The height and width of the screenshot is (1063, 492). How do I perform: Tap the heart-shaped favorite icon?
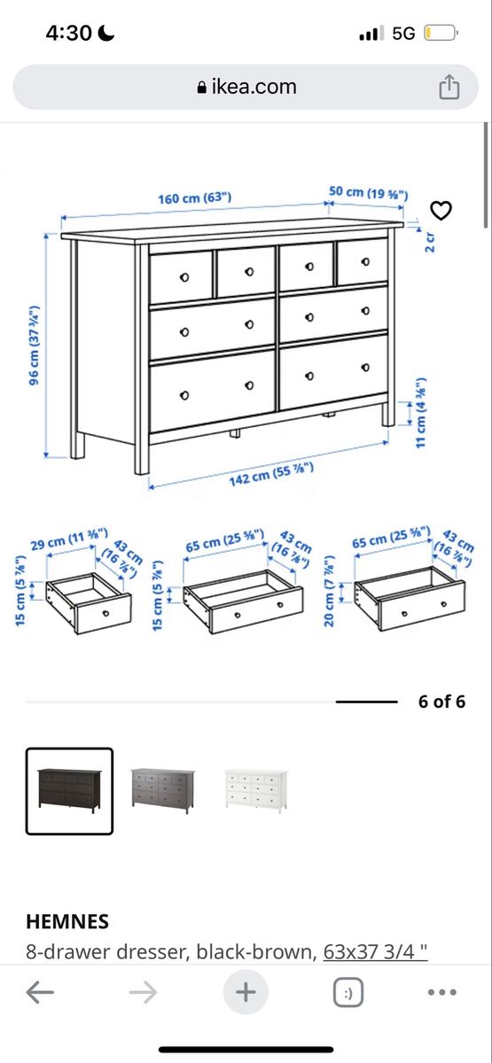pos(441,211)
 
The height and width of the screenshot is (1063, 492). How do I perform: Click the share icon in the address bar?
pos(449,88)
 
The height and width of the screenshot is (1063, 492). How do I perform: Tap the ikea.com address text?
pos(254,87)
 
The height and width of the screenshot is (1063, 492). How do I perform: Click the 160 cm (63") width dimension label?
pos(195,198)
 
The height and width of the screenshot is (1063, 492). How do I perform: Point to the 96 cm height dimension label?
pos(34,345)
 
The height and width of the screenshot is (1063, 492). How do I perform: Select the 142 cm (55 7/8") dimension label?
pos(271,474)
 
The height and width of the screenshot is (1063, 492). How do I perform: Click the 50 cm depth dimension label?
pos(369,193)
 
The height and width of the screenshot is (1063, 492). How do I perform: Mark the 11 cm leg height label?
pos(421,413)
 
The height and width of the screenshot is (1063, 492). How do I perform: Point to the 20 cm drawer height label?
pos(329,591)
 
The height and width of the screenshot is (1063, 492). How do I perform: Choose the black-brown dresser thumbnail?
pos(69,791)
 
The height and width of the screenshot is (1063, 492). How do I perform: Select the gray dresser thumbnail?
pos(162,790)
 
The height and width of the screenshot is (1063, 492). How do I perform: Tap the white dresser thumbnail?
pos(256,790)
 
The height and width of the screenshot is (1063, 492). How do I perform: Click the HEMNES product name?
pos(67,921)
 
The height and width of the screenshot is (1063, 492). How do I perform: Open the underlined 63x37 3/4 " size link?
pos(376,951)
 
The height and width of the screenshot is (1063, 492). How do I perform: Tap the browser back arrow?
pos(40,992)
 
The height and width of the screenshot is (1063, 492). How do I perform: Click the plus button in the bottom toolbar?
pos(246,992)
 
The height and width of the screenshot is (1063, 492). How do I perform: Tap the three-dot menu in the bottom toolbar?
pos(442,992)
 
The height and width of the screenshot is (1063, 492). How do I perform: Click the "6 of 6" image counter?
pos(441,702)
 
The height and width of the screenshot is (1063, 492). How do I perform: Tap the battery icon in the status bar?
pos(441,34)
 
